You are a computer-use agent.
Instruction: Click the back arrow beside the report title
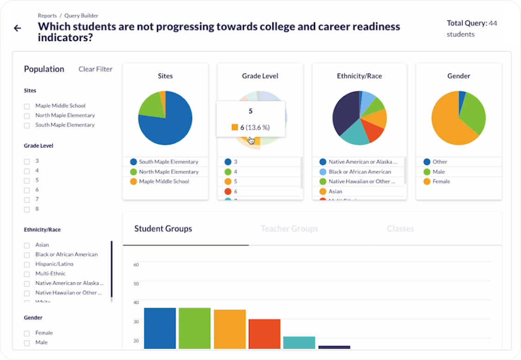pos(18,28)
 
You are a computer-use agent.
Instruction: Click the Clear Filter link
pos(95,69)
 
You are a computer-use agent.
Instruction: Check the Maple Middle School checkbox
pos(27,106)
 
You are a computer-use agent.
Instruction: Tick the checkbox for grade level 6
pos(27,190)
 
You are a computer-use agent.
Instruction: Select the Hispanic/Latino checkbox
pos(27,264)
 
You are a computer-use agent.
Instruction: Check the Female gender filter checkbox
pos(27,333)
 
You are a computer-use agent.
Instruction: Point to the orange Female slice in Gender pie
pos(447,123)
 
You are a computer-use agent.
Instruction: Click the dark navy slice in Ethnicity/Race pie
pos(345,113)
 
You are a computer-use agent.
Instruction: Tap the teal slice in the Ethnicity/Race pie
pos(355,134)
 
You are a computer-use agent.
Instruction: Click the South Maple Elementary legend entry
pos(168,162)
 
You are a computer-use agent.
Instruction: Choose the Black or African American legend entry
pos(360,172)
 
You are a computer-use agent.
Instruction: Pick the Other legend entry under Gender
pos(440,162)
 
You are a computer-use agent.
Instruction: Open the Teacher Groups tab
pos(289,229)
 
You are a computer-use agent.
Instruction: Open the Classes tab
pos(400,229)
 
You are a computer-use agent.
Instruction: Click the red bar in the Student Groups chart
pos(264,334)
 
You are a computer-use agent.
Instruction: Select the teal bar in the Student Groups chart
pos(299,342)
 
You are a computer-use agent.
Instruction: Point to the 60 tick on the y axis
pos(136,265)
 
